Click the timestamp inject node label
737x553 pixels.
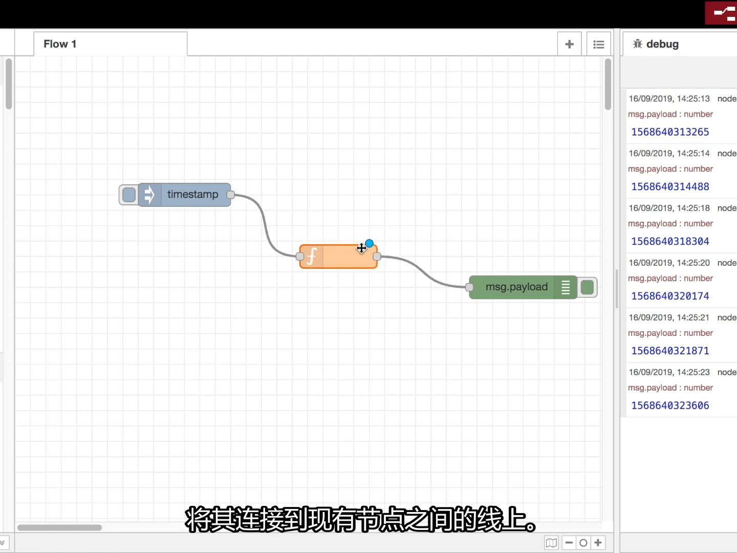click(192, 195)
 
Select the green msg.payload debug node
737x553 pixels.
click(516, 287)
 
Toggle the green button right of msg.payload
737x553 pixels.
click(587, 287)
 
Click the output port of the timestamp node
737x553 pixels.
click(231, 195)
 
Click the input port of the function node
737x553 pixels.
click(300, 257)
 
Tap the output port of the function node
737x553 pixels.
click(377, 257)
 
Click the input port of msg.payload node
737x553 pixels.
click(469, 287)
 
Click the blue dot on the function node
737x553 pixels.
click(369, 243)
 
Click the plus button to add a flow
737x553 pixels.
click(569, 45)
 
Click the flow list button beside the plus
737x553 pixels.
click(598, 45)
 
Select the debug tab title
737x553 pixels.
click(662, 44)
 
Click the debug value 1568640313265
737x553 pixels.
click(670, 132)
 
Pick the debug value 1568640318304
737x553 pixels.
click(670, 242)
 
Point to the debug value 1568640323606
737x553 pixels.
click(670, 406)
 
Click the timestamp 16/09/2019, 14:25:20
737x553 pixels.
click(669, 263)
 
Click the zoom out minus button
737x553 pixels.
click(569, 542)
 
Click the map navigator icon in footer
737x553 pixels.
click(551, 543)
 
